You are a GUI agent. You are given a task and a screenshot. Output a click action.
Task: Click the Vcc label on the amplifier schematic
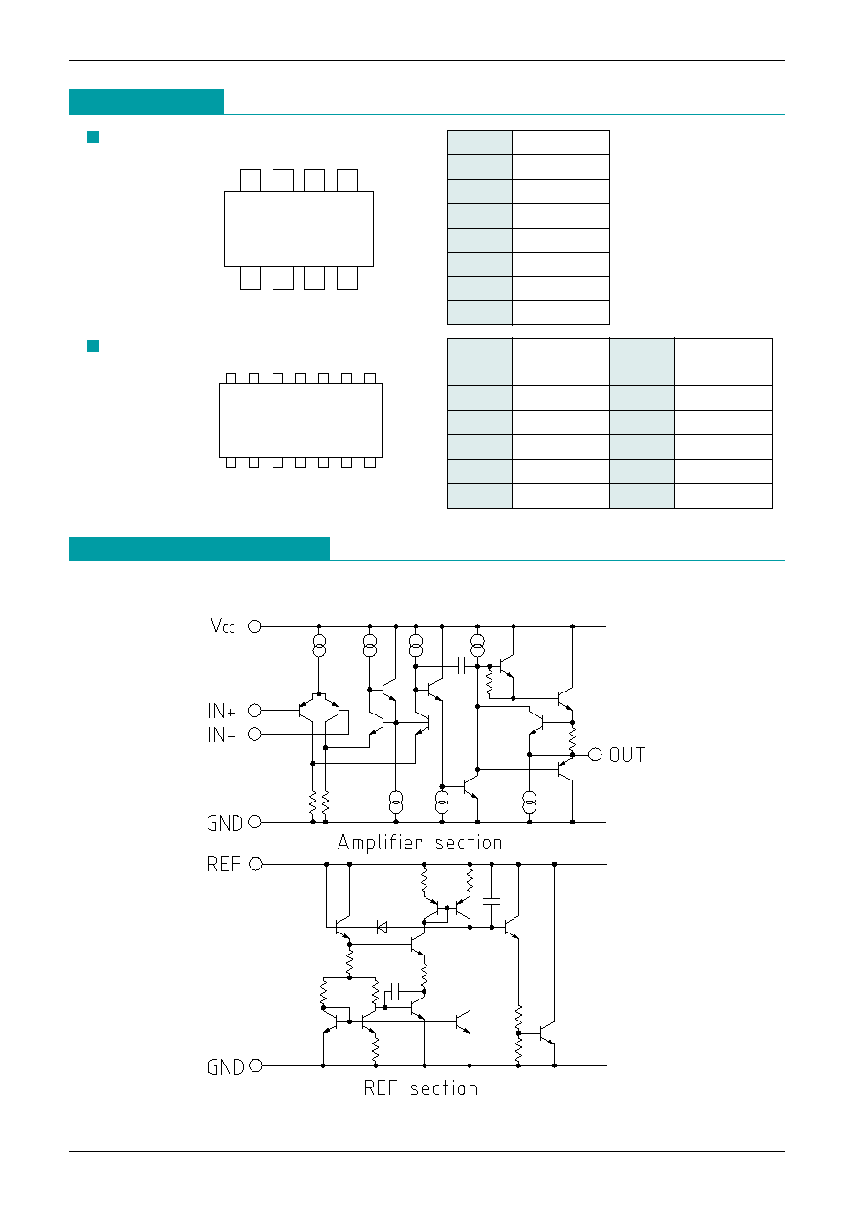point(223,626)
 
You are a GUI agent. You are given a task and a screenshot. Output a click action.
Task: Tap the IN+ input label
point(222,711)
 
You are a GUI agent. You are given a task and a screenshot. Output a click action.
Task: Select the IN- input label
point(222,735)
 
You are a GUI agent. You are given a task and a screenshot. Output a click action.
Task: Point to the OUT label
point(626,755)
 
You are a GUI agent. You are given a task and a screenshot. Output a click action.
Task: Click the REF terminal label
point(224,864)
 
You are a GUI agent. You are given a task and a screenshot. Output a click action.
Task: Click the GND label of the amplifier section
point(225,824)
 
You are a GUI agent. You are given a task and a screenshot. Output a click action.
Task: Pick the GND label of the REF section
point(226,1067)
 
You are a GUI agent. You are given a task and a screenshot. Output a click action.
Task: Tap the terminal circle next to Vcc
point(254,626)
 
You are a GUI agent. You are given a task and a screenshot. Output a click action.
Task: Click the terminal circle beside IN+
point(254,711)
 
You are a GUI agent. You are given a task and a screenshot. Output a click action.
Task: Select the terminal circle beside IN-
point(254,734)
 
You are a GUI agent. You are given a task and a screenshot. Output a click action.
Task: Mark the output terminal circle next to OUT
point(595,755)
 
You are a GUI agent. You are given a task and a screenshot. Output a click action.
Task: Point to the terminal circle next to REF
point(255,864)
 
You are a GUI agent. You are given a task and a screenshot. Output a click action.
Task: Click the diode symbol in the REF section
point(382,928)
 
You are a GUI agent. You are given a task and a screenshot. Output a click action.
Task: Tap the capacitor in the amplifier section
point(461,666)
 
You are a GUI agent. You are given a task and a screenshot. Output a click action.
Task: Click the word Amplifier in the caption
point(381,843)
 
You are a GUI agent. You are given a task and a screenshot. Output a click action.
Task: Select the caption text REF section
point(421,1088)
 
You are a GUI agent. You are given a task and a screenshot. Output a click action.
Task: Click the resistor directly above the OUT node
point(572,738)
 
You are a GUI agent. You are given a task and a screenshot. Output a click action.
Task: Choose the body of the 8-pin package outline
point(298,229)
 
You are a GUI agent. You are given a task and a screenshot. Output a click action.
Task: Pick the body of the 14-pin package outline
point(300,420)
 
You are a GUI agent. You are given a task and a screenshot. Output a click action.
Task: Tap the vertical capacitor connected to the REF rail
point(492,901)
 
